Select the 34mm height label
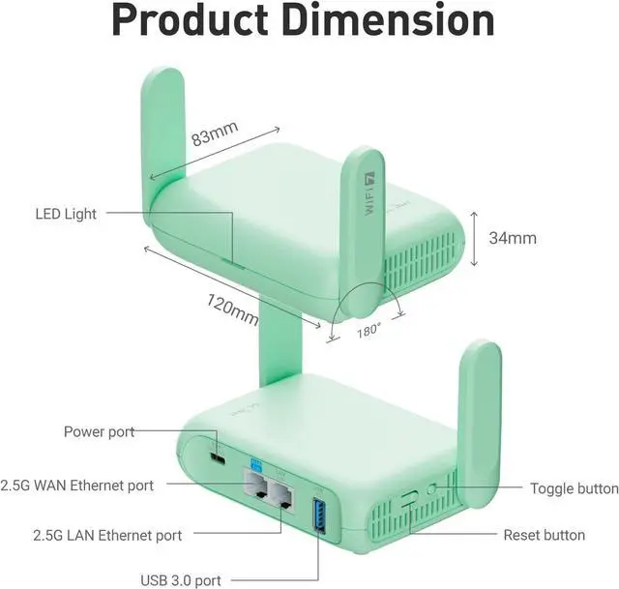point(513,237)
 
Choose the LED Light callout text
point(66,214)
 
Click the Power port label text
point(99,431)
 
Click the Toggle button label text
point(574,489)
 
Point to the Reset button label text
point(544,535)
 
